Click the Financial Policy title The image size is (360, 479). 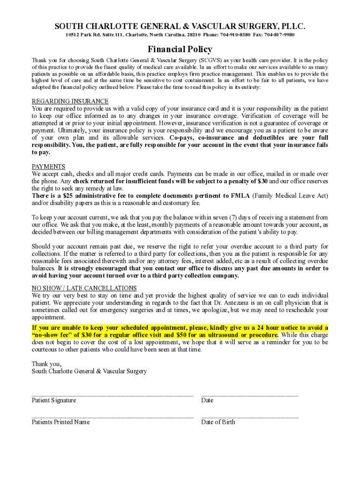pyautogui.click(x=180, y=49)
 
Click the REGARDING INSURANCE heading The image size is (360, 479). pyautogui.click(x=70, y=102)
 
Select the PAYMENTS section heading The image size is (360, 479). pyautogui.click(x=49, y=167)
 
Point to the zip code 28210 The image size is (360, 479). pyautogui.click(x=192, y=35)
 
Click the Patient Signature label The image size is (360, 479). pyautogui.click(x=54, y=400)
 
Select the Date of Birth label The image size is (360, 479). pyautogui.click(x=218, y=422)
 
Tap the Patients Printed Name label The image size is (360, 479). pyautogui.click(x=61, y=422)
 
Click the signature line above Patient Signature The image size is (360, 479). pyautogui.click(x=112, y=395)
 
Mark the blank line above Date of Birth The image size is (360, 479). pyautogui.click(x=249, y=417)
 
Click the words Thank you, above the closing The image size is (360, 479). pyautogui.click(x=47, y=363)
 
